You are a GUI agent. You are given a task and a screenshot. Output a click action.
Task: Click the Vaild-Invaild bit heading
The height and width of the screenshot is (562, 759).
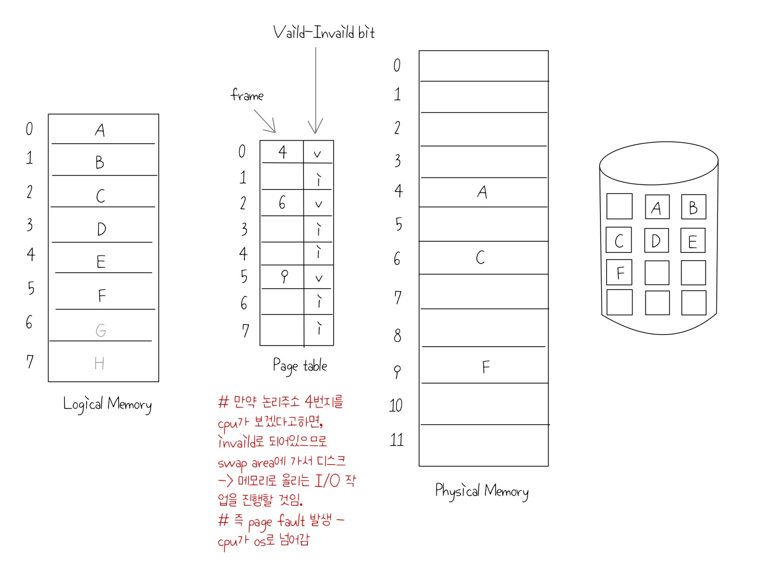(324, 32)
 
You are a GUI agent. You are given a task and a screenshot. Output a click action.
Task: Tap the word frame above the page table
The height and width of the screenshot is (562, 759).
(247, 95)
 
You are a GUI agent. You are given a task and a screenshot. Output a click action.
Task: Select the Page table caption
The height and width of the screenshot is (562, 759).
(299, 366)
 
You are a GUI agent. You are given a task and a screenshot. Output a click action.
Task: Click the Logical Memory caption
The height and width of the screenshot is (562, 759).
(107, 404)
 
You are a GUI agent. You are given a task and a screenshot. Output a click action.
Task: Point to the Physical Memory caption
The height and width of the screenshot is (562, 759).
(481, 491)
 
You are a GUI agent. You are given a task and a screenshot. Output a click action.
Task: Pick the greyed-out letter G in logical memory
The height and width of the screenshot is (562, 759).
(101, 330)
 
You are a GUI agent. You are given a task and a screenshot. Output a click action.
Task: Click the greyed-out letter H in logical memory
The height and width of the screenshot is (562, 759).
(99, 364)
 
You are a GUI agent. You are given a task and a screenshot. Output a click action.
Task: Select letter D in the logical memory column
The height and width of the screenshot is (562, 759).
(101, 229)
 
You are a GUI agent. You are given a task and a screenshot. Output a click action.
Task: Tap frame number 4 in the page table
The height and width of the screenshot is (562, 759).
(283, 152)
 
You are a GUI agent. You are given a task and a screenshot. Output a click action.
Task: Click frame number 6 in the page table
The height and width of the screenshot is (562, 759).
(282, 202)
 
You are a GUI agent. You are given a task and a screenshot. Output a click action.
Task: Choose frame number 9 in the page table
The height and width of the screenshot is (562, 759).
(284, 276)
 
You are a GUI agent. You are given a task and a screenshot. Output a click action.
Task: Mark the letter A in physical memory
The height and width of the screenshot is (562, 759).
(482, 192)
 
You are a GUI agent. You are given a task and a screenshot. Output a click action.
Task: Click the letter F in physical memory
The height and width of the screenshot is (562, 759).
(485, 367)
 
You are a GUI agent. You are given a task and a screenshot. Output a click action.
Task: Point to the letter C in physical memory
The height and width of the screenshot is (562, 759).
(480, 257)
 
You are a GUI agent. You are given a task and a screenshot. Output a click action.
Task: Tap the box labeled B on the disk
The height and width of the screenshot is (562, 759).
(693, 207)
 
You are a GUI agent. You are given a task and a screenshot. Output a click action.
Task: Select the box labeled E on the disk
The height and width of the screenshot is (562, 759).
(693, 241)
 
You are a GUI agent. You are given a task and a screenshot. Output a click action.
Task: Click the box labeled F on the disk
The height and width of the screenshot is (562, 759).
(620, 273)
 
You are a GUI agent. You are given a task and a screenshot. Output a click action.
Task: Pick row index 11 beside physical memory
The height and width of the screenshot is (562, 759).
(397, 439)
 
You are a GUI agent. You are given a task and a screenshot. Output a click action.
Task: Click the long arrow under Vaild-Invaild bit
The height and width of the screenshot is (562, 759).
(316, 90)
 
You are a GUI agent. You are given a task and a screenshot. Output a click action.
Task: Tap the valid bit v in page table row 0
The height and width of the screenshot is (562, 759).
(317, 153)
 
